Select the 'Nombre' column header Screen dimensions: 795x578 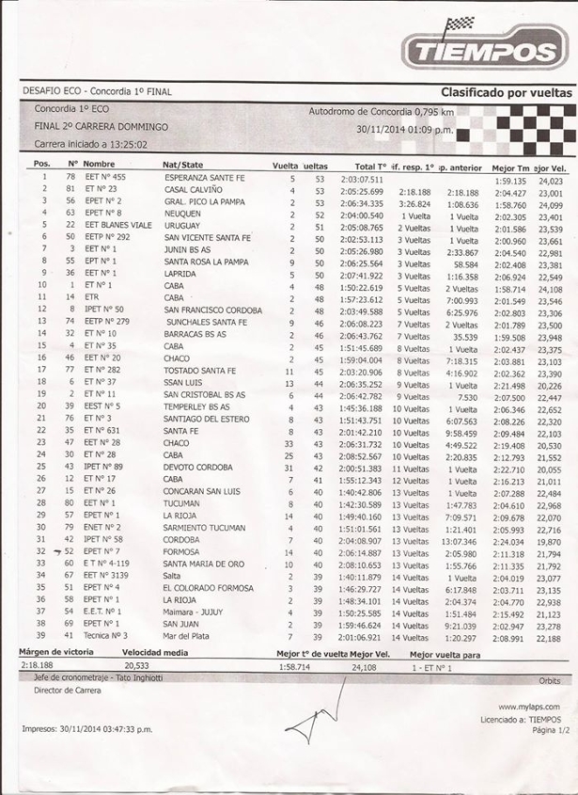click(x=99, y=165)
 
